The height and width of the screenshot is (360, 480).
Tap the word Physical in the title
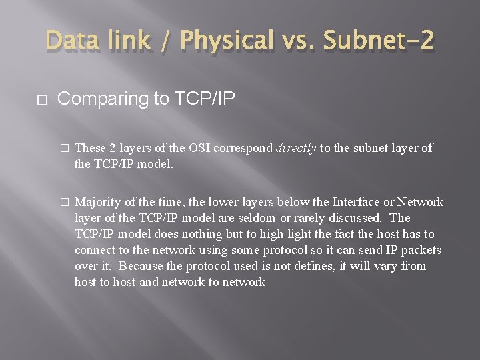click(x=227, y=41)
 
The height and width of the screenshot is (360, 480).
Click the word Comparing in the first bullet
click(x=100, y=99)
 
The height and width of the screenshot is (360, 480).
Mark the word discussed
click(x=358, y=218)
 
